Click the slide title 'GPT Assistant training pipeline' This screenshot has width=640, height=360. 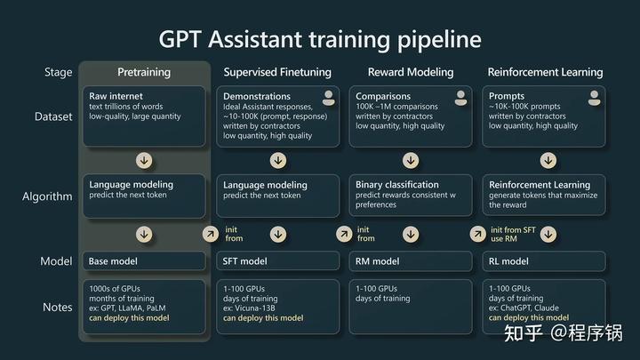click(x=320, y=40)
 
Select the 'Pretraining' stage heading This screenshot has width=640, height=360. click(x=144, y=72)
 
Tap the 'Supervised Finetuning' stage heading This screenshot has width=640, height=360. click(x=277, y=72)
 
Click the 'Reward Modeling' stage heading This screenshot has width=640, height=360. click(x=411, y=72)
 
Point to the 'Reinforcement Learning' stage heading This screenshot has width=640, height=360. click(x=545, y=72)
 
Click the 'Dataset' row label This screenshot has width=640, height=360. click(x=53, y=116)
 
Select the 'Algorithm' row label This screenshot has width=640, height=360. click(x=47, y=196)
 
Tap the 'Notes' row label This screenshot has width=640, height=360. click(x=58, y=307)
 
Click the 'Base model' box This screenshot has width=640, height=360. click(x=144, y=261)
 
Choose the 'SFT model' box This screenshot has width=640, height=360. click(x=277, y=261)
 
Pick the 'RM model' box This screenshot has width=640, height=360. click(x=411, y=261)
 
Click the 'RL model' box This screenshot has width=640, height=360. click(x=544, y=261)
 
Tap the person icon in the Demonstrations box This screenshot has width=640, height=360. click(x=329, y=99)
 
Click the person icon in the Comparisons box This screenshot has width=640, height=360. click(x=460, y=98)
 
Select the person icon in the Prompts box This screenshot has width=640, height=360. click(x=595, y=98)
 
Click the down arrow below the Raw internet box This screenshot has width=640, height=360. click(x=144, y=160)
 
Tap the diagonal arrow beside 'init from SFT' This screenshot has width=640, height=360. click(x=477, y=234)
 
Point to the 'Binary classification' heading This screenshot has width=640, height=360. click(x=397, y=185)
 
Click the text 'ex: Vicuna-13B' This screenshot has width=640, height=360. click(x=249, y=308)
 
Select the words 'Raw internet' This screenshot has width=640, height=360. click(x=116, y=96)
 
